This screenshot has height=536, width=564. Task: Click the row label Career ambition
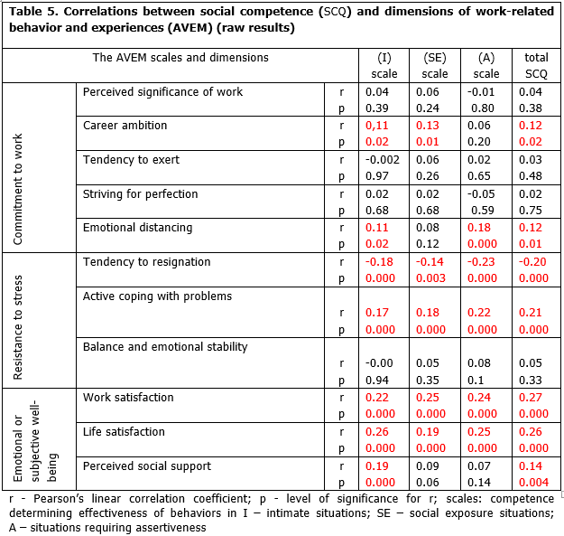[125, 126]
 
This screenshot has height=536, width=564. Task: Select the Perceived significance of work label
[162, 91]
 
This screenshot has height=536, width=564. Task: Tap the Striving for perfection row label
[140, 193]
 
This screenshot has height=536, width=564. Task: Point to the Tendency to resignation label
[146, 261]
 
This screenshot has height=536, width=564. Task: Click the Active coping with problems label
[157, 296]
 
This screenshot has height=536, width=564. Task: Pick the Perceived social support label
[146, 465]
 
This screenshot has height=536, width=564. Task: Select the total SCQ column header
[536, 65]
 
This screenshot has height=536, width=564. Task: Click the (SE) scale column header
[434, 65]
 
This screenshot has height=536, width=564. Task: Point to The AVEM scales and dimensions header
[180, 57]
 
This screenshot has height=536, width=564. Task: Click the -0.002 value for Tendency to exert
[383, 160]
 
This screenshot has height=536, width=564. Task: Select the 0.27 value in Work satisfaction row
[535, 398]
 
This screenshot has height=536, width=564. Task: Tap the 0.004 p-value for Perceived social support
[536, 483]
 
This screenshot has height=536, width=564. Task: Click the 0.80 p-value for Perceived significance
[486, 108]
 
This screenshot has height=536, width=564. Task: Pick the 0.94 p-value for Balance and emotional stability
[377, 381]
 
